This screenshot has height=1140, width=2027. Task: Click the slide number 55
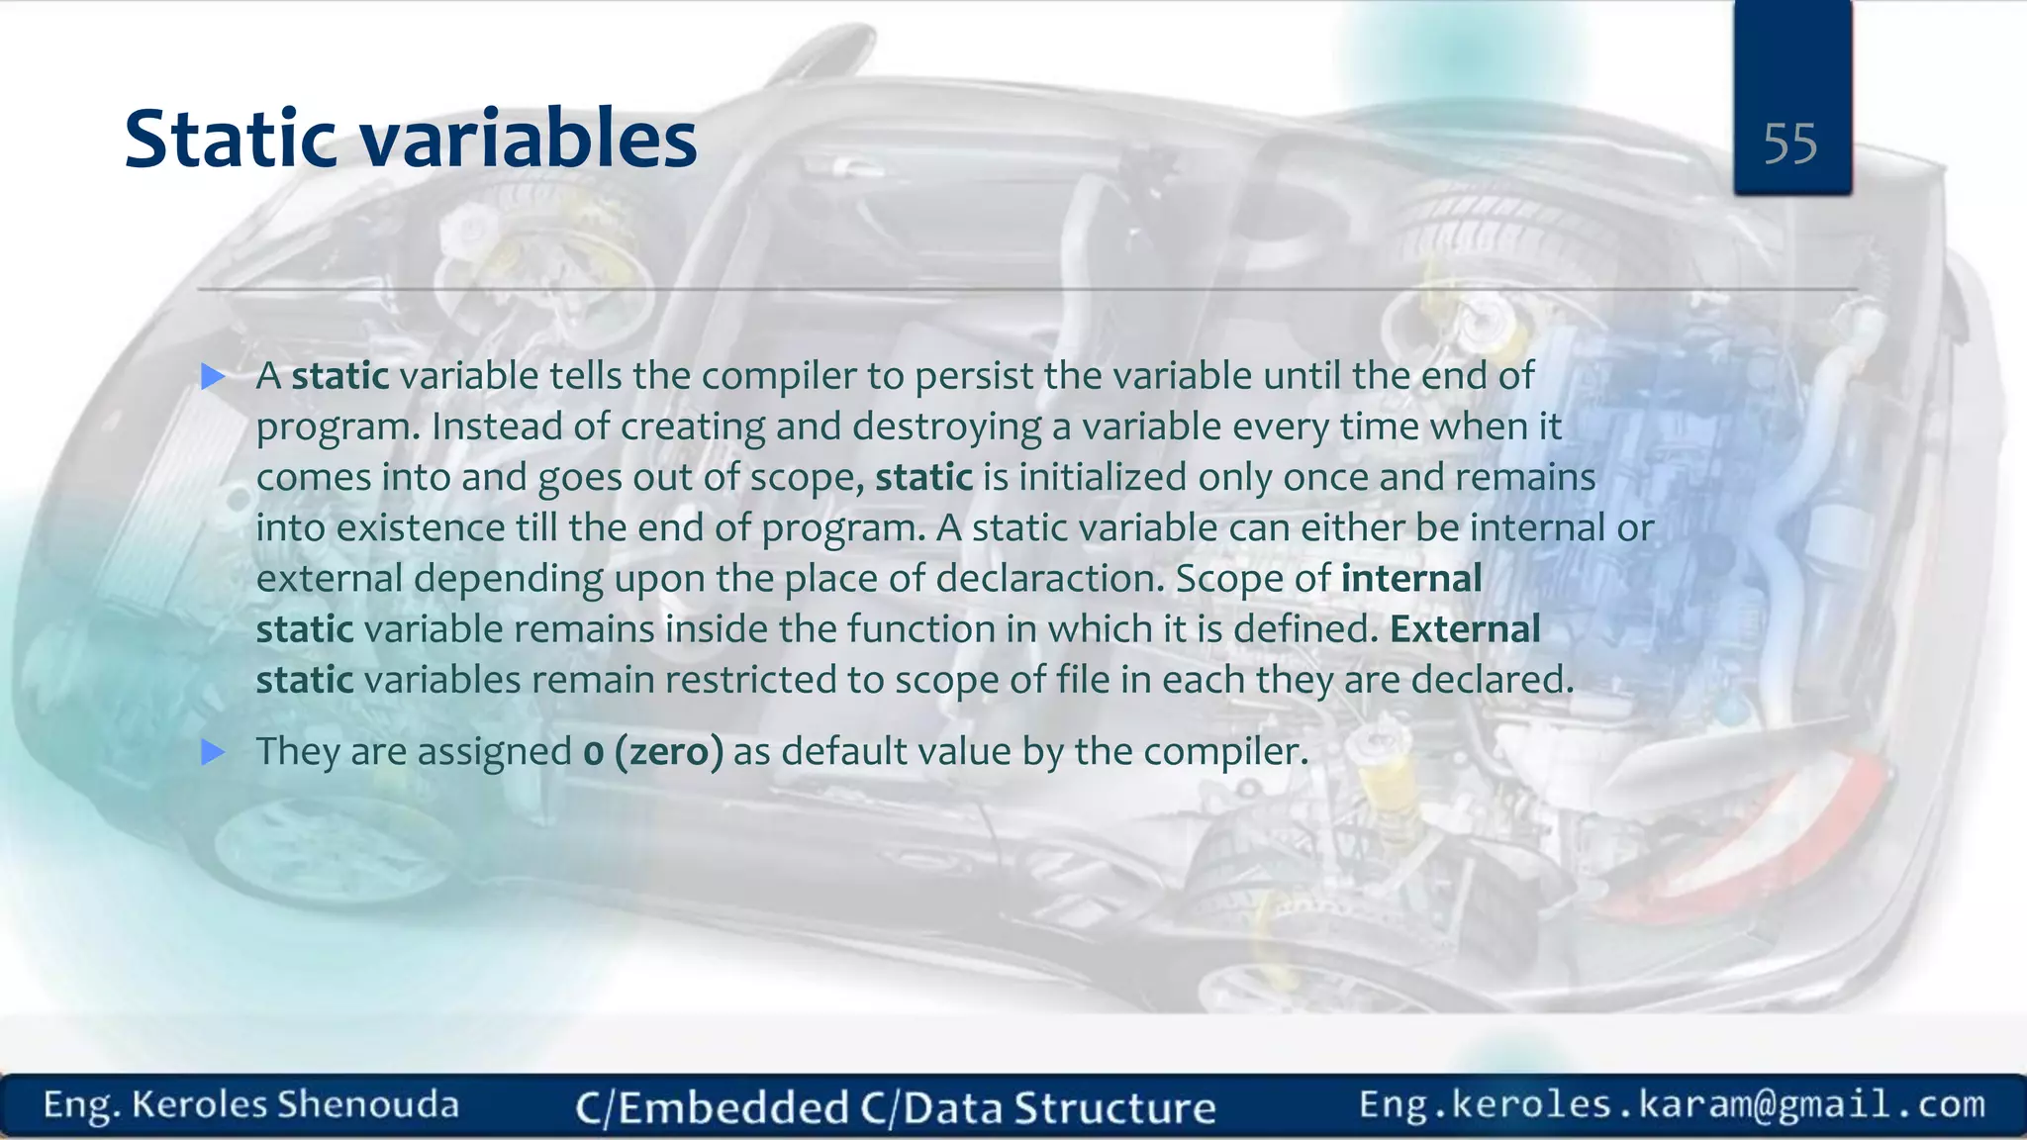click(1789, 144)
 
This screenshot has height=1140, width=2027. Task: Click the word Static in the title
click(231, 139)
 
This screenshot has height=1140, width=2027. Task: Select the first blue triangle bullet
click(213, 376)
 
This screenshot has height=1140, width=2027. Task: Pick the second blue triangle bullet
click(213, 752)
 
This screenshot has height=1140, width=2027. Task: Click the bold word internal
click(1411, 579)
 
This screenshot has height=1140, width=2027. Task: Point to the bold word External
click(1465, 629)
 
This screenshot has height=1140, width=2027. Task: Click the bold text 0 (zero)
click(653, 752)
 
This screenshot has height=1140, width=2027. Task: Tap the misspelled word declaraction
click(1050, 579)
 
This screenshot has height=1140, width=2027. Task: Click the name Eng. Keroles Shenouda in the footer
click(251, 1104)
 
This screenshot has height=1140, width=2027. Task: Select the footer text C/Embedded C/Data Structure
click(896, 1107)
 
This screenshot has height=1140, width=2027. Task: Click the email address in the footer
click(1672, 1104)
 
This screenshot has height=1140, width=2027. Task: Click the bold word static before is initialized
click(923, 478)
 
